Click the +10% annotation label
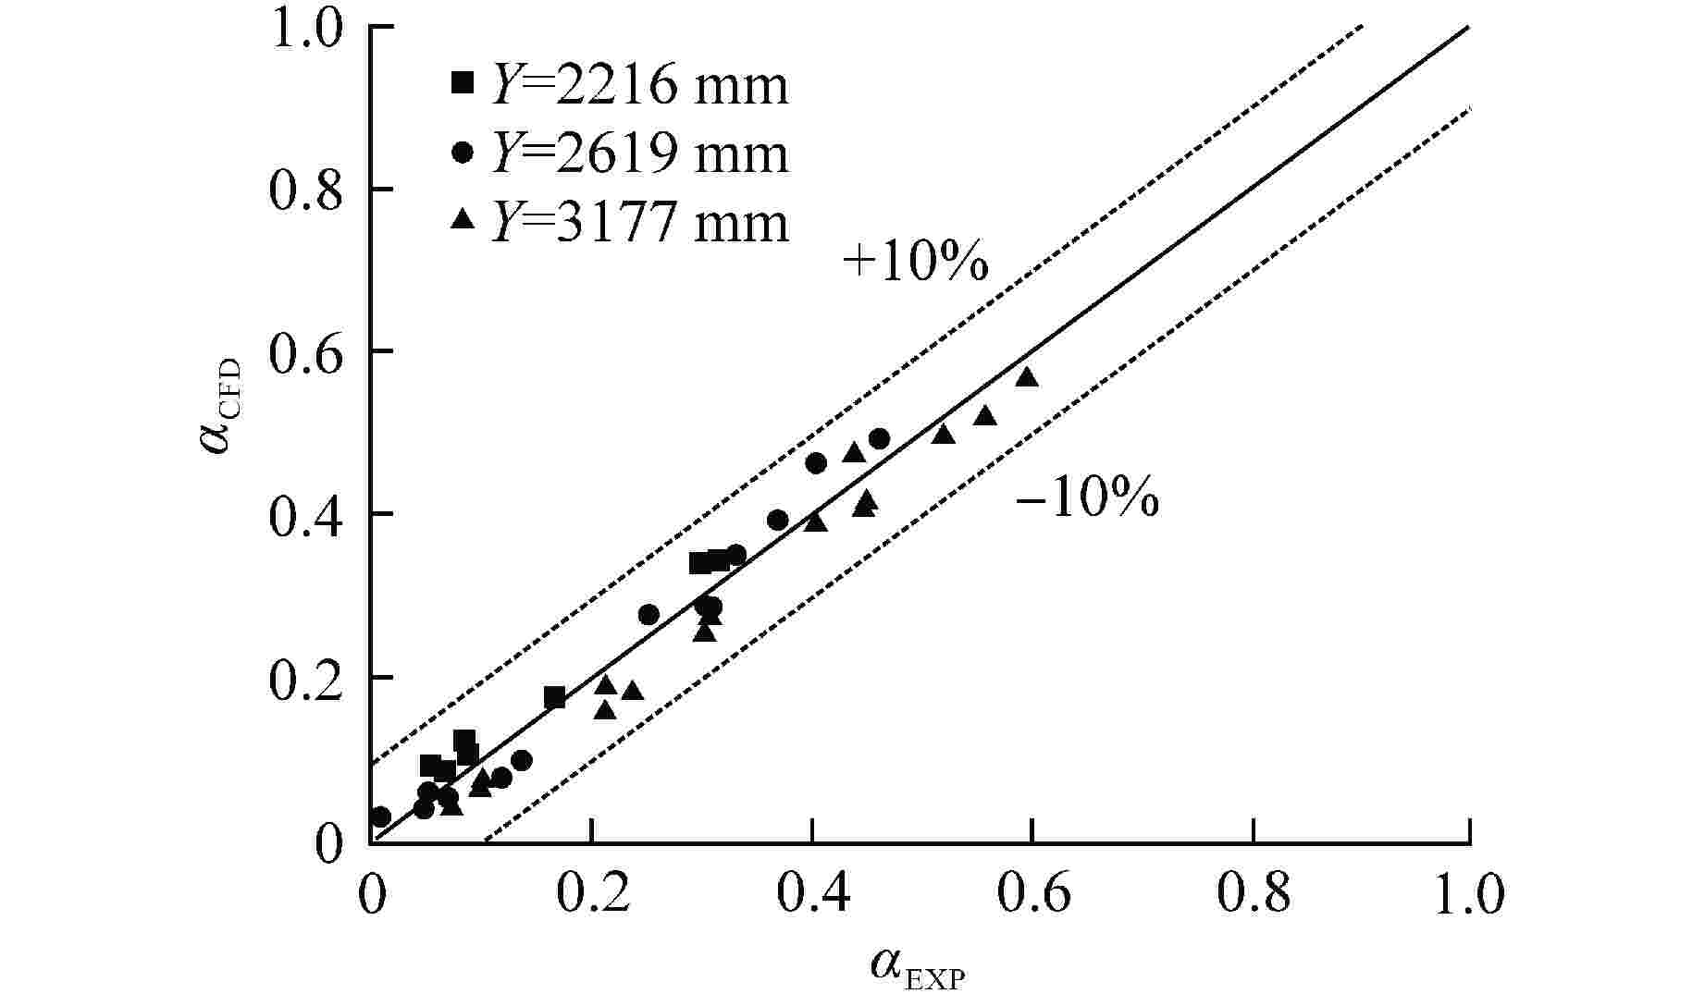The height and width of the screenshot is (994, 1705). click(x=916, y=264)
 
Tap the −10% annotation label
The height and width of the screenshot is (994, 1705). click(x=1087, y=501)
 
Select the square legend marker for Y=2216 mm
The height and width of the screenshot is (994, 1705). click(x=462, y=83)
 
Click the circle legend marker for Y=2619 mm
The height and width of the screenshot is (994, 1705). click(x=462, y=153)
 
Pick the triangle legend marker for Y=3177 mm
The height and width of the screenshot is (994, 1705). click(x=462, y=220)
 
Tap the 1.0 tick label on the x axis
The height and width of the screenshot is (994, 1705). click(x=1469, y=895)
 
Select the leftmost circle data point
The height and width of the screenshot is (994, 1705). click(x=379, y=816)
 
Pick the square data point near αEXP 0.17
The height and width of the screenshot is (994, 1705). click(x=554, y=697)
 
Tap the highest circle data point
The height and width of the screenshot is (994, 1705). click(x=879, y=438)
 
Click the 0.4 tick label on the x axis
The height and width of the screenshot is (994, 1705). click(x=812, y=895)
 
